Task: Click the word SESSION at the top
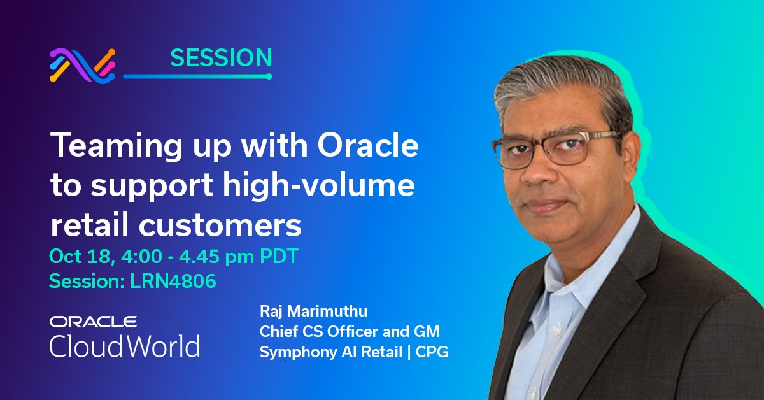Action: (221, 58)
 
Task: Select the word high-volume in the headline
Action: (334, 187)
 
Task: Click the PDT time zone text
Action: (277, 257)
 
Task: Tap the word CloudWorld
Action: (125, 346)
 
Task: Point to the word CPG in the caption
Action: (433, 352)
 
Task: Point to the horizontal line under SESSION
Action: (197, 76)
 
